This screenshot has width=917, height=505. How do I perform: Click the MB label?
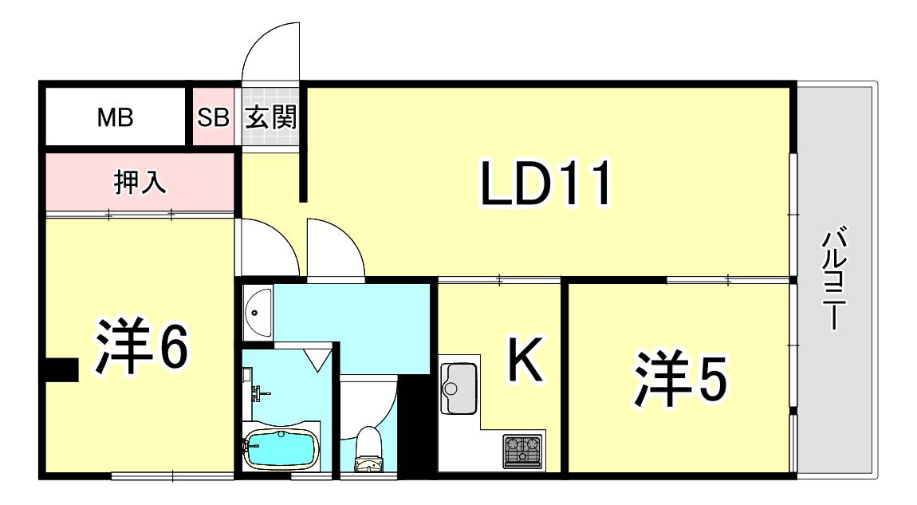pyautogui.click(x=115, y=117)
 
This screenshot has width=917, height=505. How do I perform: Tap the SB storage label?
pyautogui.click(x=213, y=117)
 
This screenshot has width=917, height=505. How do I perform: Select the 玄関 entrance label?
pyautogui.click(x=270, y=117)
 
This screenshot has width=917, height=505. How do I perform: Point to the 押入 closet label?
pyautogui.click(x=140, y=182)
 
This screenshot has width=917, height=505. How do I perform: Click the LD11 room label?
pyautogui.click(x=545, y=183)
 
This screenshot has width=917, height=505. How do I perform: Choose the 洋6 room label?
pyautogui.click(x=142, y=347)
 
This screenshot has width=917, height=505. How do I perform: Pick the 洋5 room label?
pyautogui.click(x=681, y=378)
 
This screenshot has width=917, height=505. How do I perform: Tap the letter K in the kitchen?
pyautogui.click(x=525, y=359)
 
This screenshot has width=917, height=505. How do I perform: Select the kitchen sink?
pyautogui.click(x=459, y=388)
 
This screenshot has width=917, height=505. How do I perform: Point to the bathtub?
pyautogui.click(x=281, y=449)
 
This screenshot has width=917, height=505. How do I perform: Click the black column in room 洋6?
pyautogui.click(x=61, y=370)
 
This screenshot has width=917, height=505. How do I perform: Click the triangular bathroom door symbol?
pyautogui.click(x=317, y=360)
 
